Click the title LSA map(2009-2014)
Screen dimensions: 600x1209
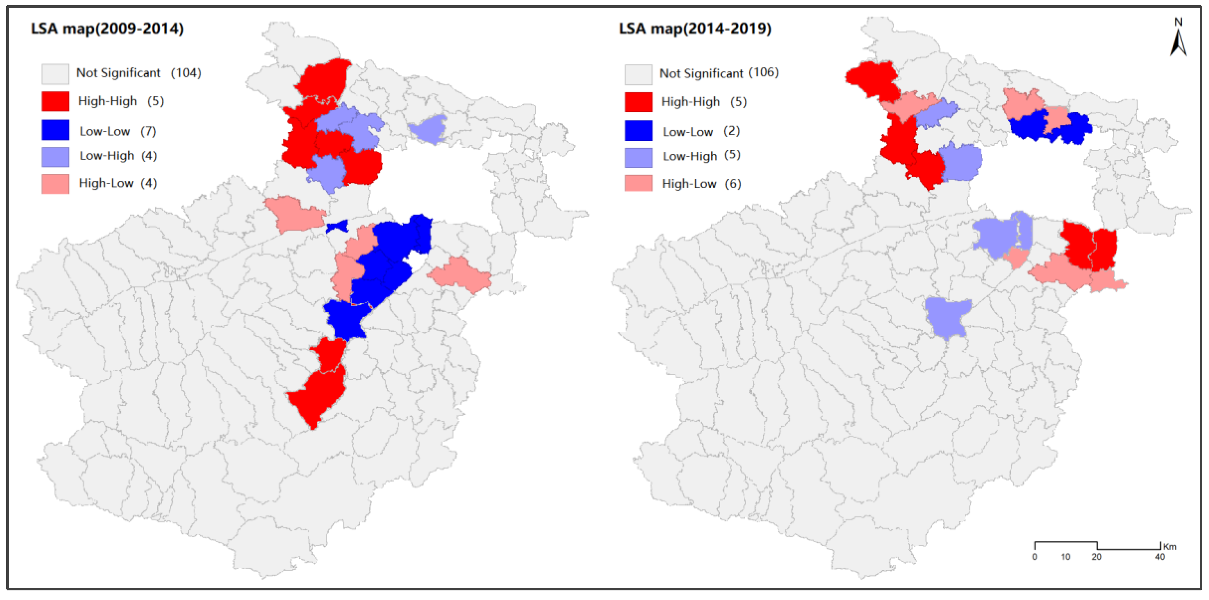[107, 29]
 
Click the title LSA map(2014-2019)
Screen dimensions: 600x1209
[695, 29]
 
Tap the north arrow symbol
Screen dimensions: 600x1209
[1178, 42]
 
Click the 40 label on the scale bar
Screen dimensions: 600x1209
[1160, 557]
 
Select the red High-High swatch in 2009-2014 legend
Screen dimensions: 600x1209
[55, 101]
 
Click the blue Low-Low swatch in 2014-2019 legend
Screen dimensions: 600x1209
[638, 131]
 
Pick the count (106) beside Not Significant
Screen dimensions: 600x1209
[764, 73]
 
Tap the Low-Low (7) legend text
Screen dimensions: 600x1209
[117, 131]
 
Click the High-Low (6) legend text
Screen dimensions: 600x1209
[701, 184]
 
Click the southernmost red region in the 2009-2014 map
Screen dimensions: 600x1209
[319, 394]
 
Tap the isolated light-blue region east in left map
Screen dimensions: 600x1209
[428, 129]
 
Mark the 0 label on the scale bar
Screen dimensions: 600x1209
[1034, 557]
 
